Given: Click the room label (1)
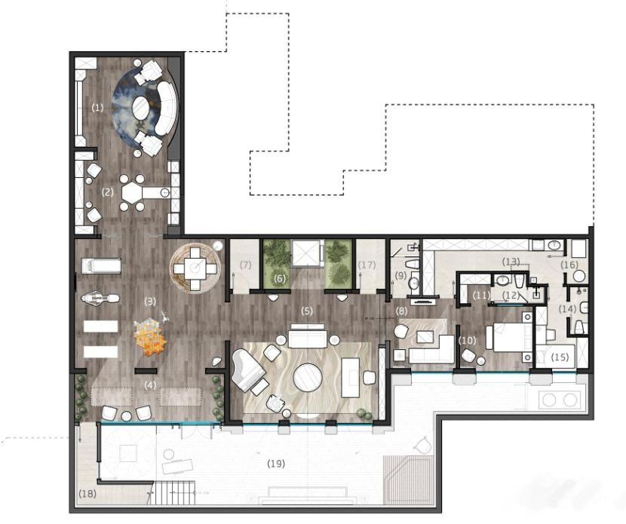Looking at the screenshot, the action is [x=97, y=107].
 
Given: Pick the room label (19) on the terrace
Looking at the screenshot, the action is [x=276, y=464].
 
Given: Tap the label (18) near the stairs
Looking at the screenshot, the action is [x=87, y=494].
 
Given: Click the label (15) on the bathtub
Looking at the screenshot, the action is [x=560, y=357].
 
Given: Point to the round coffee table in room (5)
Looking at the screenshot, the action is [x=308, y=378].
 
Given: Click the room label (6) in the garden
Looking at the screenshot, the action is [x=280, y=278].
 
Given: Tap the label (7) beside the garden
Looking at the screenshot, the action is [x=245, y=265].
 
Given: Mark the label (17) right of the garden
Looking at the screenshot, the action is [x=367, y=265].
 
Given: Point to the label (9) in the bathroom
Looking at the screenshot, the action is [x=400, y=275].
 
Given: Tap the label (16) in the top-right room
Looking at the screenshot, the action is [x=569, y=264].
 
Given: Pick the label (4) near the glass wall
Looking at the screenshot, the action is [x=150, y=385].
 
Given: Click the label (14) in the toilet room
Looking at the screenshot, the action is [x=567, y=308].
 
